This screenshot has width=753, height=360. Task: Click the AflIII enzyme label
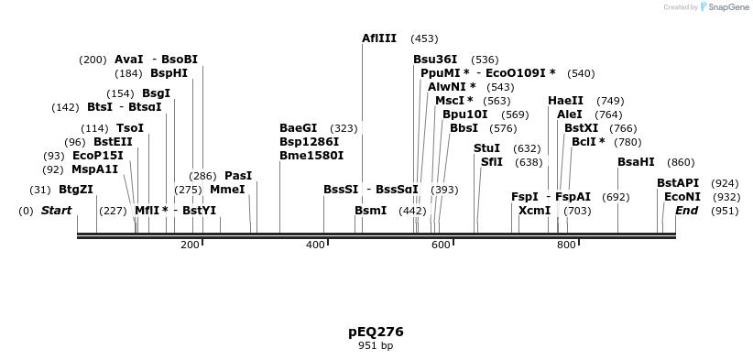pos(379,38)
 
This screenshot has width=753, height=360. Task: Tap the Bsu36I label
pos(435,60)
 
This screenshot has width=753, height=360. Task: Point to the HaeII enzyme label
pos(565,101)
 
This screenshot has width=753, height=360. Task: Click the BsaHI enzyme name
pos(636,162)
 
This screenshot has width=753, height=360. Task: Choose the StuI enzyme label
pos(486,148)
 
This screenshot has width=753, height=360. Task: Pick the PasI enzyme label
pos(238,176)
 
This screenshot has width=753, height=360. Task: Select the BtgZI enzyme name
pos(76,190)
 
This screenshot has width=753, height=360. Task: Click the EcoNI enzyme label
pos(682,197)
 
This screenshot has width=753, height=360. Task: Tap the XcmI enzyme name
pos(534,211)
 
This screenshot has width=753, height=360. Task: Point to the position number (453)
pos(424,38)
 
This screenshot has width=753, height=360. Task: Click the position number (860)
pos(681,162)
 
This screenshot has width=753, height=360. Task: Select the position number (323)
pos(344,128)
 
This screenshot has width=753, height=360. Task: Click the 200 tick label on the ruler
pos(190,245)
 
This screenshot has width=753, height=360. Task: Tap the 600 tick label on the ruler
pos(441,245)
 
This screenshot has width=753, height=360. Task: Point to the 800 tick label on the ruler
pos(566,245)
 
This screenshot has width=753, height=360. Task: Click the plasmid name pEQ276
pos(376,332)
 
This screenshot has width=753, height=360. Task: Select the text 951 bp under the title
pos(376,346)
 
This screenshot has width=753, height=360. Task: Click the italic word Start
pos(57,211)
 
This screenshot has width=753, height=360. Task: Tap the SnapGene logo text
pos(728,7)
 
